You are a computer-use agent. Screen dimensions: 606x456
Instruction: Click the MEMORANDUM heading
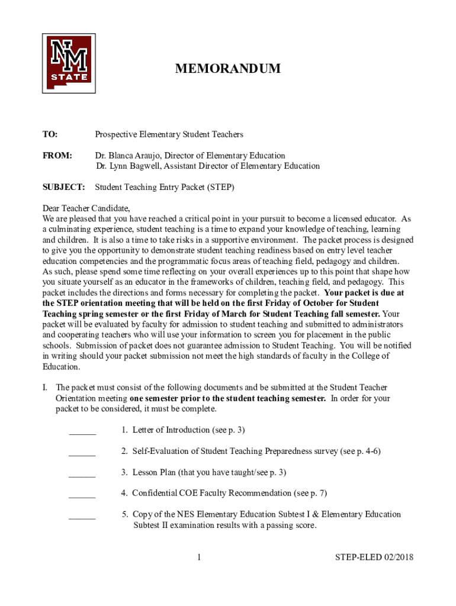(x=227, y=69)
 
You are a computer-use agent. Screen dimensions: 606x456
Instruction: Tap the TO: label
(x=50, y=135)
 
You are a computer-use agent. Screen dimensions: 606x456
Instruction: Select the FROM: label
(x=57, y=156)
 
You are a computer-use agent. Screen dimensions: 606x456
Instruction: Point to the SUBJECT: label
(x=63, y=188)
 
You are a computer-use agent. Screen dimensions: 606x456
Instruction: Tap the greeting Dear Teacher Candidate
(x=86, y=208)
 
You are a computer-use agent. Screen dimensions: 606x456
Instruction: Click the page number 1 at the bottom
(x=200, y=557)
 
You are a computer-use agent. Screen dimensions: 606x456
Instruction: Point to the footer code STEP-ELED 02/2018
(x=374, y=557)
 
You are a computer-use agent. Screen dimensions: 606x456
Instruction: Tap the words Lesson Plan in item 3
(x=154, y=472)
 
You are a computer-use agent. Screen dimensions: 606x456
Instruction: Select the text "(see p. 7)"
(x=311, y=493)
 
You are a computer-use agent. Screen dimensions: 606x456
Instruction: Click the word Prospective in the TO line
(x=117, y=135)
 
